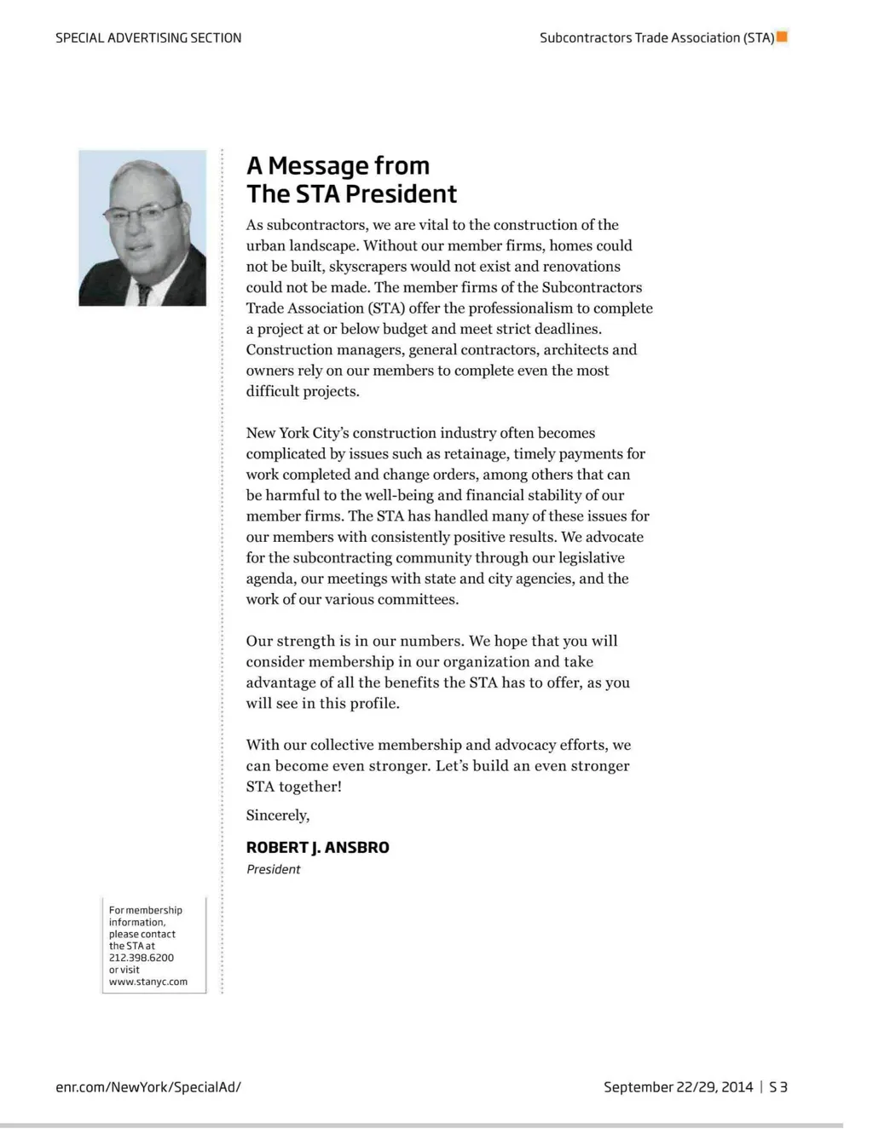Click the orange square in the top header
coord(782,37)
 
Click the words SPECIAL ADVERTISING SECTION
coord(148,37)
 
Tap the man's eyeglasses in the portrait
coord(140,212)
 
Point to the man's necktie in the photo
coord(144,294)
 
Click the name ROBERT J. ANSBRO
coord(317,848)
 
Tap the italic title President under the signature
coord(273,870)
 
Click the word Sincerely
coord(277,815)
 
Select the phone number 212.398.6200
coord(142,958)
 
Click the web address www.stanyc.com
coord(148,982)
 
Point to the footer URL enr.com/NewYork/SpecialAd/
coord(148,1087)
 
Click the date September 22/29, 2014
coord(678,1087)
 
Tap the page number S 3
coord(778,1087)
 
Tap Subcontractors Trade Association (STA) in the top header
coord(656,37)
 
